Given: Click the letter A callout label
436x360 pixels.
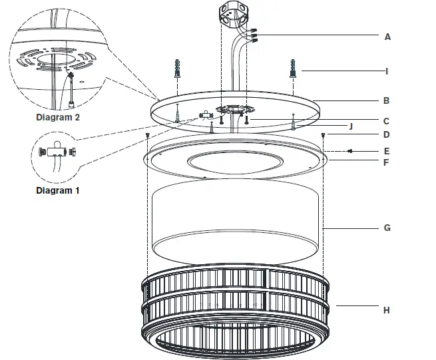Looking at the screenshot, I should point(387,37).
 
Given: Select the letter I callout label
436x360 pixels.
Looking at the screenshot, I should point(387,70).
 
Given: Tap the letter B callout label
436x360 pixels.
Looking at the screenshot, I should point(387,102).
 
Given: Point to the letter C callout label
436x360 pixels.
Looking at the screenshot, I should point(387,121).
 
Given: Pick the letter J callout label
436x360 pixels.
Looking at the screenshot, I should point(351,125).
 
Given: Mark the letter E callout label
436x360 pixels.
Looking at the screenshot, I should point(387,151).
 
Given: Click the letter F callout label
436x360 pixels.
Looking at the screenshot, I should point(387,161).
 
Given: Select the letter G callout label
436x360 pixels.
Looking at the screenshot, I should point(387,228).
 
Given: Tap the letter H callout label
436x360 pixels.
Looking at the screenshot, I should point(387,310).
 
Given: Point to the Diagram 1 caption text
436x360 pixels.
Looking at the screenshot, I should point(57,190).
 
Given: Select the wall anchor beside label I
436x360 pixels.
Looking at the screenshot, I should point(292,68).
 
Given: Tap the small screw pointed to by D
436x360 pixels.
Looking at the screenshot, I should point(323,135).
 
